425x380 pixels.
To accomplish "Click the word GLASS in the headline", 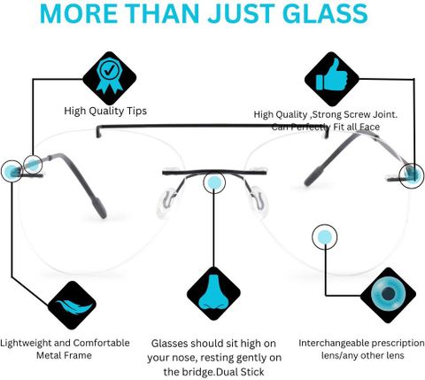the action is click(x=326, y=13).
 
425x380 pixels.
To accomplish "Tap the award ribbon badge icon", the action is click(x=110, y=75).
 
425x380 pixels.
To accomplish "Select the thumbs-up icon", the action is click(x=332, y=75).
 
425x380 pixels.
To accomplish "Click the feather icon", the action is click(x=73, y=306).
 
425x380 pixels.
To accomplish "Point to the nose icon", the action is click(x=213, y=293).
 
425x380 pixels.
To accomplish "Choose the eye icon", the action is click(x=388, y=294).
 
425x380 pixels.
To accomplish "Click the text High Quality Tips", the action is click(x=105, y=112).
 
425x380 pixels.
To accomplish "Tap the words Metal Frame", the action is click(x=64, y=355).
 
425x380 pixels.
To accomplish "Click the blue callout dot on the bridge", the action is click(x=214, y=182).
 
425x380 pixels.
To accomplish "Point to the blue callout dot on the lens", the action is click(x=324, y=237).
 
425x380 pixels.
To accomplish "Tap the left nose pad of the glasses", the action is click(x=167, y=203).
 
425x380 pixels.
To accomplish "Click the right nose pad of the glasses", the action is click(x=259, y=202).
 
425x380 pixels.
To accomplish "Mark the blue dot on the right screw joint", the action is click(x=413, y=174).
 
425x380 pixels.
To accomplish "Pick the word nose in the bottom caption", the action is click(x=182, y=359).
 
